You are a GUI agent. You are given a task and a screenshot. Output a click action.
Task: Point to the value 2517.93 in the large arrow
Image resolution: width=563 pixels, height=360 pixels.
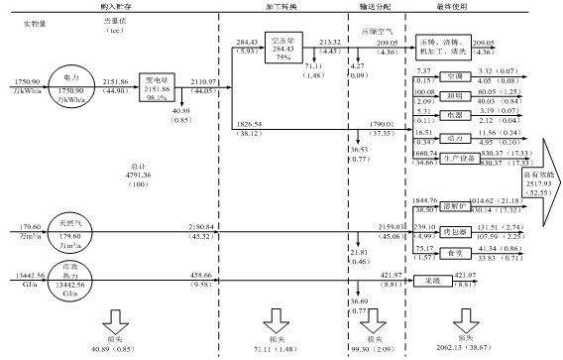pos(539,181)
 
